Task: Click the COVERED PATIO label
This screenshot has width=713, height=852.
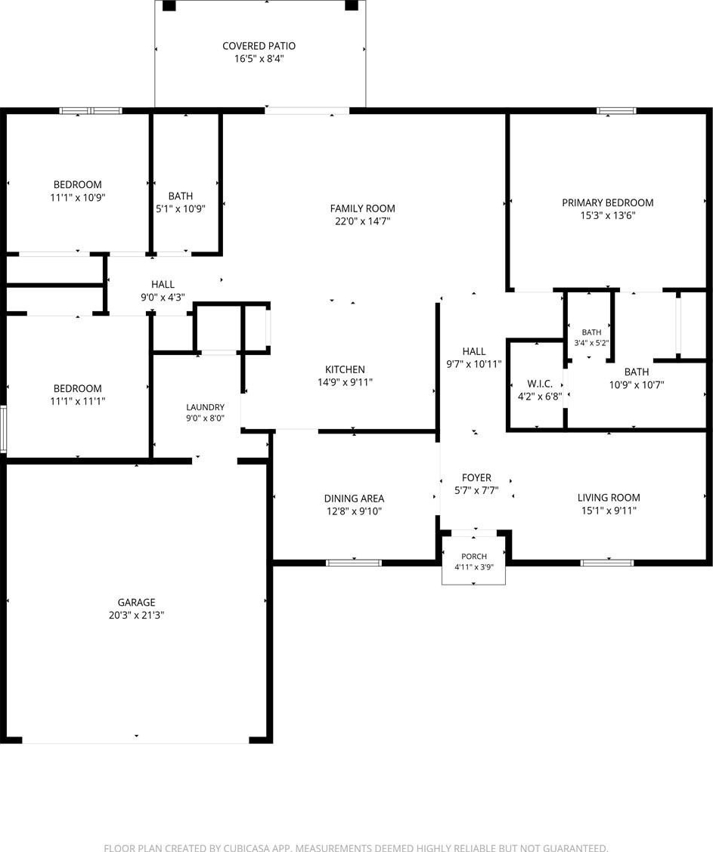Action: (x=259, y=46)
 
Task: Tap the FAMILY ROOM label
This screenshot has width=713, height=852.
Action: (x=363, y=208)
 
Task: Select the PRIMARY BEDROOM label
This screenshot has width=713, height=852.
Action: (x=607, y=202)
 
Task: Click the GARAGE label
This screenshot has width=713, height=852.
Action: (x=137, y=602)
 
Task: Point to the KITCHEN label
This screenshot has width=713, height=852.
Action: (x=345, y=369)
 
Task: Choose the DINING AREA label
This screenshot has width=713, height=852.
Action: (x=354, y=499)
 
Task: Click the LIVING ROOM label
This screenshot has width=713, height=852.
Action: (x=609, y=498)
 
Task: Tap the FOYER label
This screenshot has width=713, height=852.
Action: (x=476, y=477)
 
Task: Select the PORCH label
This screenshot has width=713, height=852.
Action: (x=474, y=557)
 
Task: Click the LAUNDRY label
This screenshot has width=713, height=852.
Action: (x=205, y=407)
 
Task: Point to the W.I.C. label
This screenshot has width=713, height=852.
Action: (x=540, y=384)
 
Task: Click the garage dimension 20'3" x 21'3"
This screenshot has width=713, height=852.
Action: (x=137, y=615)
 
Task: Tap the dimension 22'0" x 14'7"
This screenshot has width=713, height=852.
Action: (x=363, y=221)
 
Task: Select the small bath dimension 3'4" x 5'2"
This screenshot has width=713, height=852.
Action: (x=591, y=343)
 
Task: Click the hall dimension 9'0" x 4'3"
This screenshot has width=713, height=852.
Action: (x=163, y=298)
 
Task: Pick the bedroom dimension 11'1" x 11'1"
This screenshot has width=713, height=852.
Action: (x=77, y=401)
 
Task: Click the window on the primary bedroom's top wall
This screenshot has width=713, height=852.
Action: (x=616, y=111)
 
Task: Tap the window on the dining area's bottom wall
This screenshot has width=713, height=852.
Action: (x=354, y=563)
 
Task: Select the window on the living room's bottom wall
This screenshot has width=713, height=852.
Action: (x=607, y=563)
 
